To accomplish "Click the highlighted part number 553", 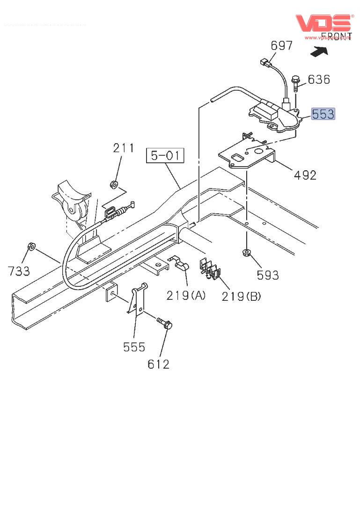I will click(323, 114).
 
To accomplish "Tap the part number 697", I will click(281, 45).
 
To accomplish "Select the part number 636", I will click(319, 80).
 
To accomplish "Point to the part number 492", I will click(305, 175).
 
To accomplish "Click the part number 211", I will click(124, 148).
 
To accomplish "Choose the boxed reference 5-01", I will click(166, 155).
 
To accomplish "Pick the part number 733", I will click(19, 270).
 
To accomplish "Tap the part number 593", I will click(268, 275).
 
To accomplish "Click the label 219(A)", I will click(186, 296).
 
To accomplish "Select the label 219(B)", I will click(241, 296).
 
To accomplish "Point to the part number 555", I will click(134, 347).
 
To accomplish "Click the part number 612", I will click(159, 364).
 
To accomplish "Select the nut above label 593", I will click(246, 253).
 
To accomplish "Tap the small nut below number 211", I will click(113, 184).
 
